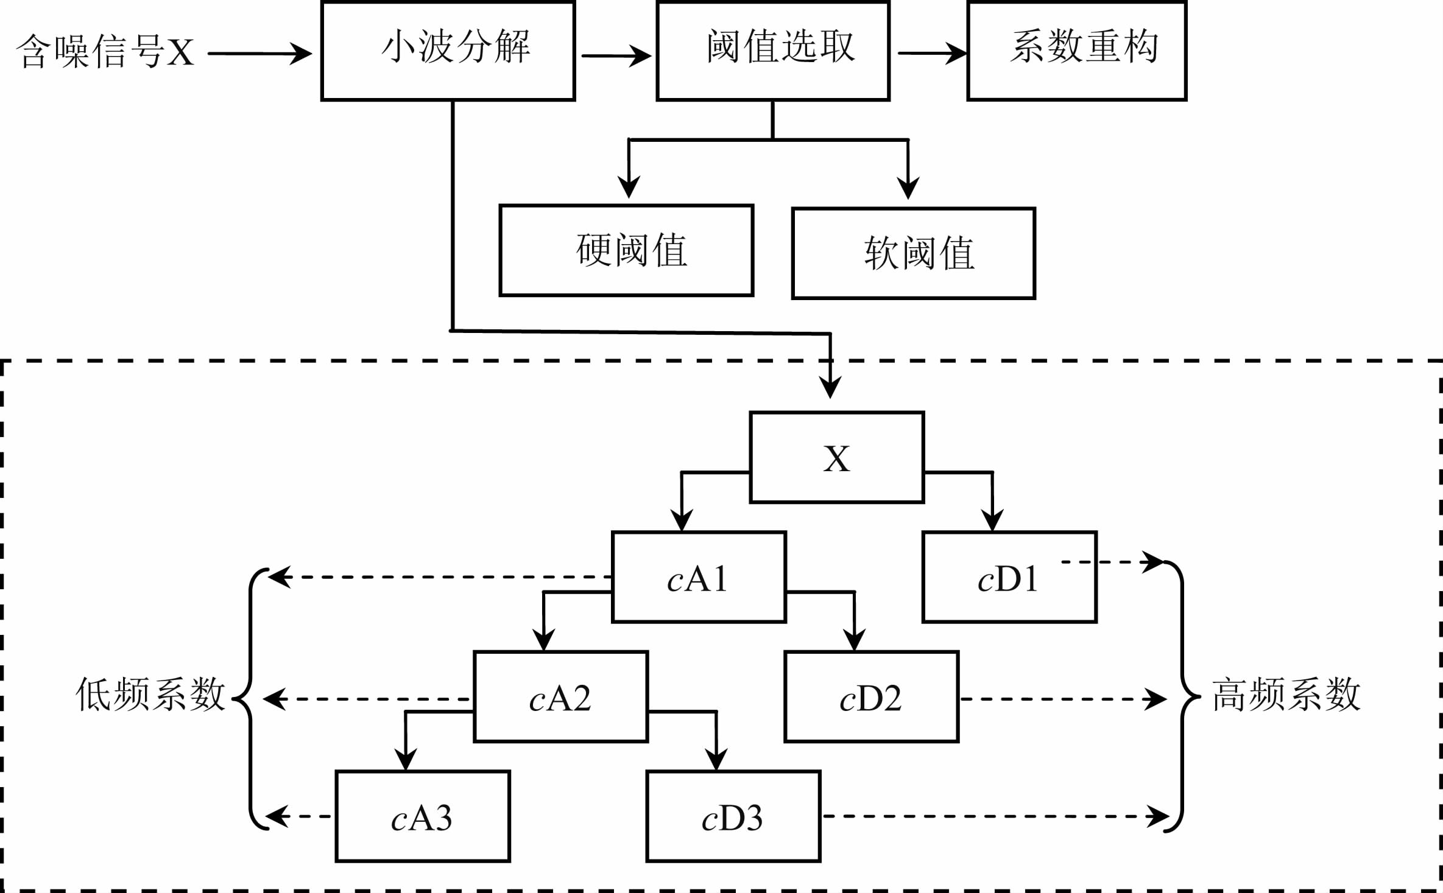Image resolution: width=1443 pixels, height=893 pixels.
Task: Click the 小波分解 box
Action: coord(448,51)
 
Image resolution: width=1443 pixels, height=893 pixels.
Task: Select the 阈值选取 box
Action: coord(772,51)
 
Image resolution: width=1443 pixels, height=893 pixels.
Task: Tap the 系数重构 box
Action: coord(1076,51)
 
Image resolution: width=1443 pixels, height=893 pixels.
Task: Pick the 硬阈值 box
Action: coord(626,250)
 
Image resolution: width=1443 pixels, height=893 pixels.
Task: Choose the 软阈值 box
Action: coord(913,253)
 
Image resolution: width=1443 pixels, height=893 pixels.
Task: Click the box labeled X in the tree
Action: coord(836,458)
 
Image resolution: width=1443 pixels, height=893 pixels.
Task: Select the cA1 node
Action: coord(699,577)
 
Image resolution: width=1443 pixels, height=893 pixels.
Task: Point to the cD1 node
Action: coord(1009,577)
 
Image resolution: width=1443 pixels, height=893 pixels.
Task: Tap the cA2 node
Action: coord(560,697)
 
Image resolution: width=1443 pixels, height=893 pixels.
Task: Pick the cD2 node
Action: coord(871,697)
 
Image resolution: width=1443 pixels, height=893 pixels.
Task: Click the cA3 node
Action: coord(422,817)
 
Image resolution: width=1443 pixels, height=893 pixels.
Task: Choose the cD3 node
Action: coord(733,817)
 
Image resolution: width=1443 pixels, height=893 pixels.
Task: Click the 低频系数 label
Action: coord(150,695)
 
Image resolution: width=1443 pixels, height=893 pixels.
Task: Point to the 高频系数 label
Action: coord(1285,695)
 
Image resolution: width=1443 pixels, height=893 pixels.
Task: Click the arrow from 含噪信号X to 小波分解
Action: coord(259,54)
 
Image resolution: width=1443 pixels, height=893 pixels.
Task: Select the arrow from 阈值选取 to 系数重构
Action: coord(932,53)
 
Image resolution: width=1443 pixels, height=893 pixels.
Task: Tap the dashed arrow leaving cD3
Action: coord(993,816)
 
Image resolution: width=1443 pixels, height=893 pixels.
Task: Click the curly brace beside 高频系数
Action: coord(1183,695)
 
